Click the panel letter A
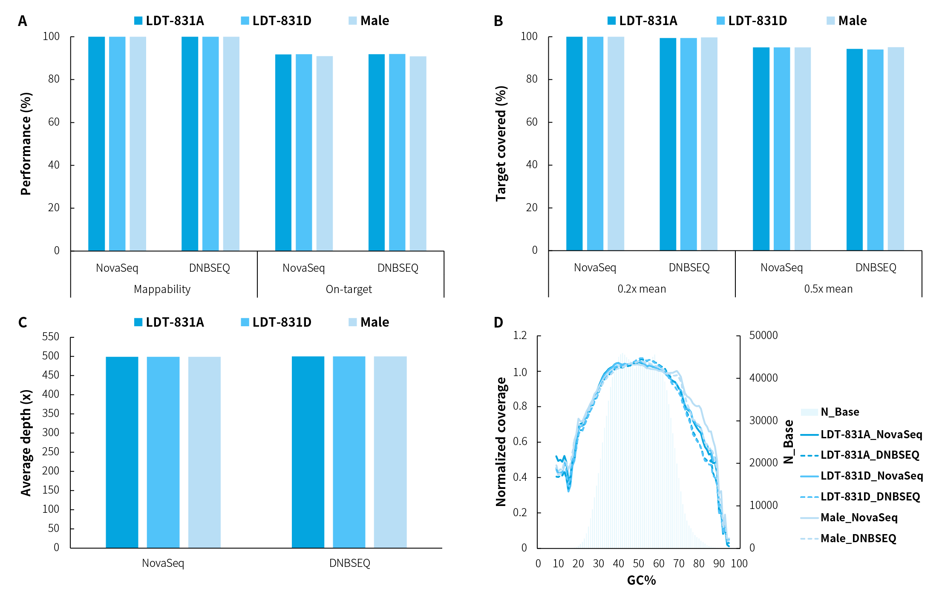point(23,21)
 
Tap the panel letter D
point(498,322)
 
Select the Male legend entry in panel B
point(847,21)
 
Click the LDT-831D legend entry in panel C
point(276,322)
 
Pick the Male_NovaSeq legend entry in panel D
point(859,517)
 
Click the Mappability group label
point(162,289)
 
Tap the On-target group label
point(349,289)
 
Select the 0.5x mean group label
point(828,289)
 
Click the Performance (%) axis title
point(26,144)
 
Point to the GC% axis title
point(641,580)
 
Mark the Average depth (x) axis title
point(26,443)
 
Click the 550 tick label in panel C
point(51,337)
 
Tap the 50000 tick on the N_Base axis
point(763,335)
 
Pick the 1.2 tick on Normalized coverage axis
point(520,335)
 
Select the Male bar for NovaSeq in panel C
point(205,451)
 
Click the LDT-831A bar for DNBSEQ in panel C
point(308,451)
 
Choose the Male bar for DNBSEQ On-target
point(418,153)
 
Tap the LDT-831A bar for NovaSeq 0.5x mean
point(761,149)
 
